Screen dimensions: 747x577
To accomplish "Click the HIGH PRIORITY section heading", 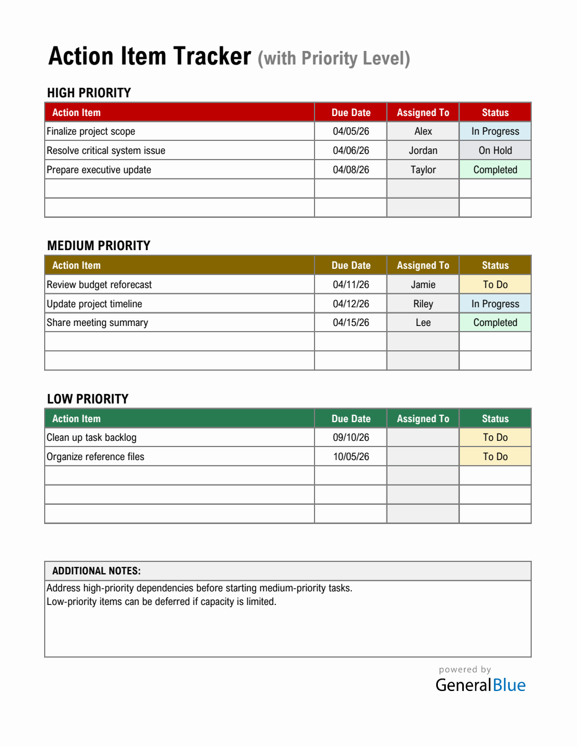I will pyautogui.click(x=89, y=93).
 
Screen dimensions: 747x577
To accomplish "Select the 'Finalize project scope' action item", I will pyautogui.click(x=91, y=131).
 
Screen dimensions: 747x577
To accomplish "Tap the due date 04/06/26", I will pyautogui.click(x=351, y=151).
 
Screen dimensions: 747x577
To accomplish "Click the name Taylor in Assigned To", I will pyautogui.click(x=423, y=170).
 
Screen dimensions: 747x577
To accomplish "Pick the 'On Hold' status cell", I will pyautogui.click(x=495, y=151).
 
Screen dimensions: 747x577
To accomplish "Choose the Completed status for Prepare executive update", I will pyautogui.click(x=495, y=170).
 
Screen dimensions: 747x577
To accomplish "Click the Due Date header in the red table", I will pyautogui.click(x=351, y=113).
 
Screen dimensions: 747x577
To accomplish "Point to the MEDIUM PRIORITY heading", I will pyautogui.click(x=99, y=246).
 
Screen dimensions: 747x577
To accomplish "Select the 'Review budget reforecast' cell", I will pyautogui.click(x=100, y=285).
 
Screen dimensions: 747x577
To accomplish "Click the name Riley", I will pyautogui.click(x=423, y=304).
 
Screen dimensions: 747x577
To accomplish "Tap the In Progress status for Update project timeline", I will pyautogui.click(x=495, y=304).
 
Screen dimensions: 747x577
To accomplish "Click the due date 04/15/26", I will pyautogui.click(x=351, y=323).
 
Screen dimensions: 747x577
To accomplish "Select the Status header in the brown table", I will pyautogui.click(x=495, y=265).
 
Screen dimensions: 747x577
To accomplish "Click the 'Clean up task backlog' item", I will pyautogui.click(x=92, y=437).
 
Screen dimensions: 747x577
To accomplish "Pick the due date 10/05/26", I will pyautogui.click(x=351, y=457).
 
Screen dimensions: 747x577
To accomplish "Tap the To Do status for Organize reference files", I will pyautogui.click(x=495, y=457).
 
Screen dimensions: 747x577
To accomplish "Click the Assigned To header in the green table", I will pyautogui.click(x=423, y=419).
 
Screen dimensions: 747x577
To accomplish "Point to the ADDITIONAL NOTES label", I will pyautogui.click(x=97, y=571).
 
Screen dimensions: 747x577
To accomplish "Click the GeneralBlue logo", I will pyautogui.click(x=480, y=685).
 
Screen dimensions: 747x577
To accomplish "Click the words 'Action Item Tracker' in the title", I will pyautogui.click(x=150, y=57).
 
